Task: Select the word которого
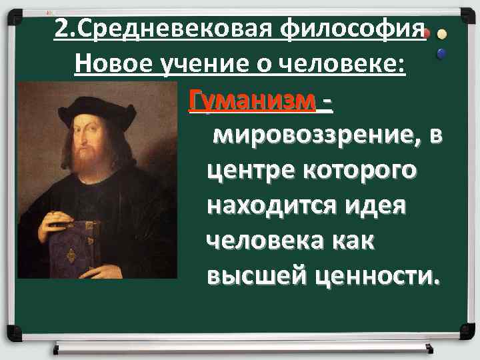(358, 172)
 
